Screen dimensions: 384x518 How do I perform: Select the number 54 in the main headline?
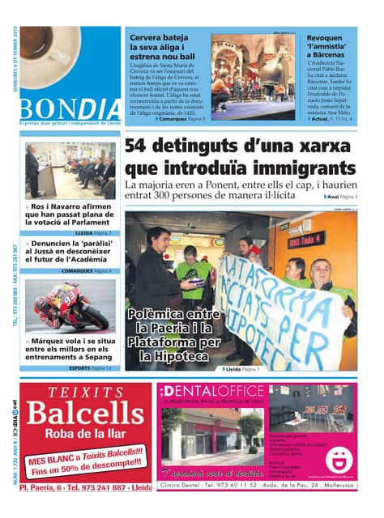(x=143, y=148)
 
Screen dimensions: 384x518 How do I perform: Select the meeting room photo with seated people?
(x=69, y=171)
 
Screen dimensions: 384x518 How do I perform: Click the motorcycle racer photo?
(x=69, y=308)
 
